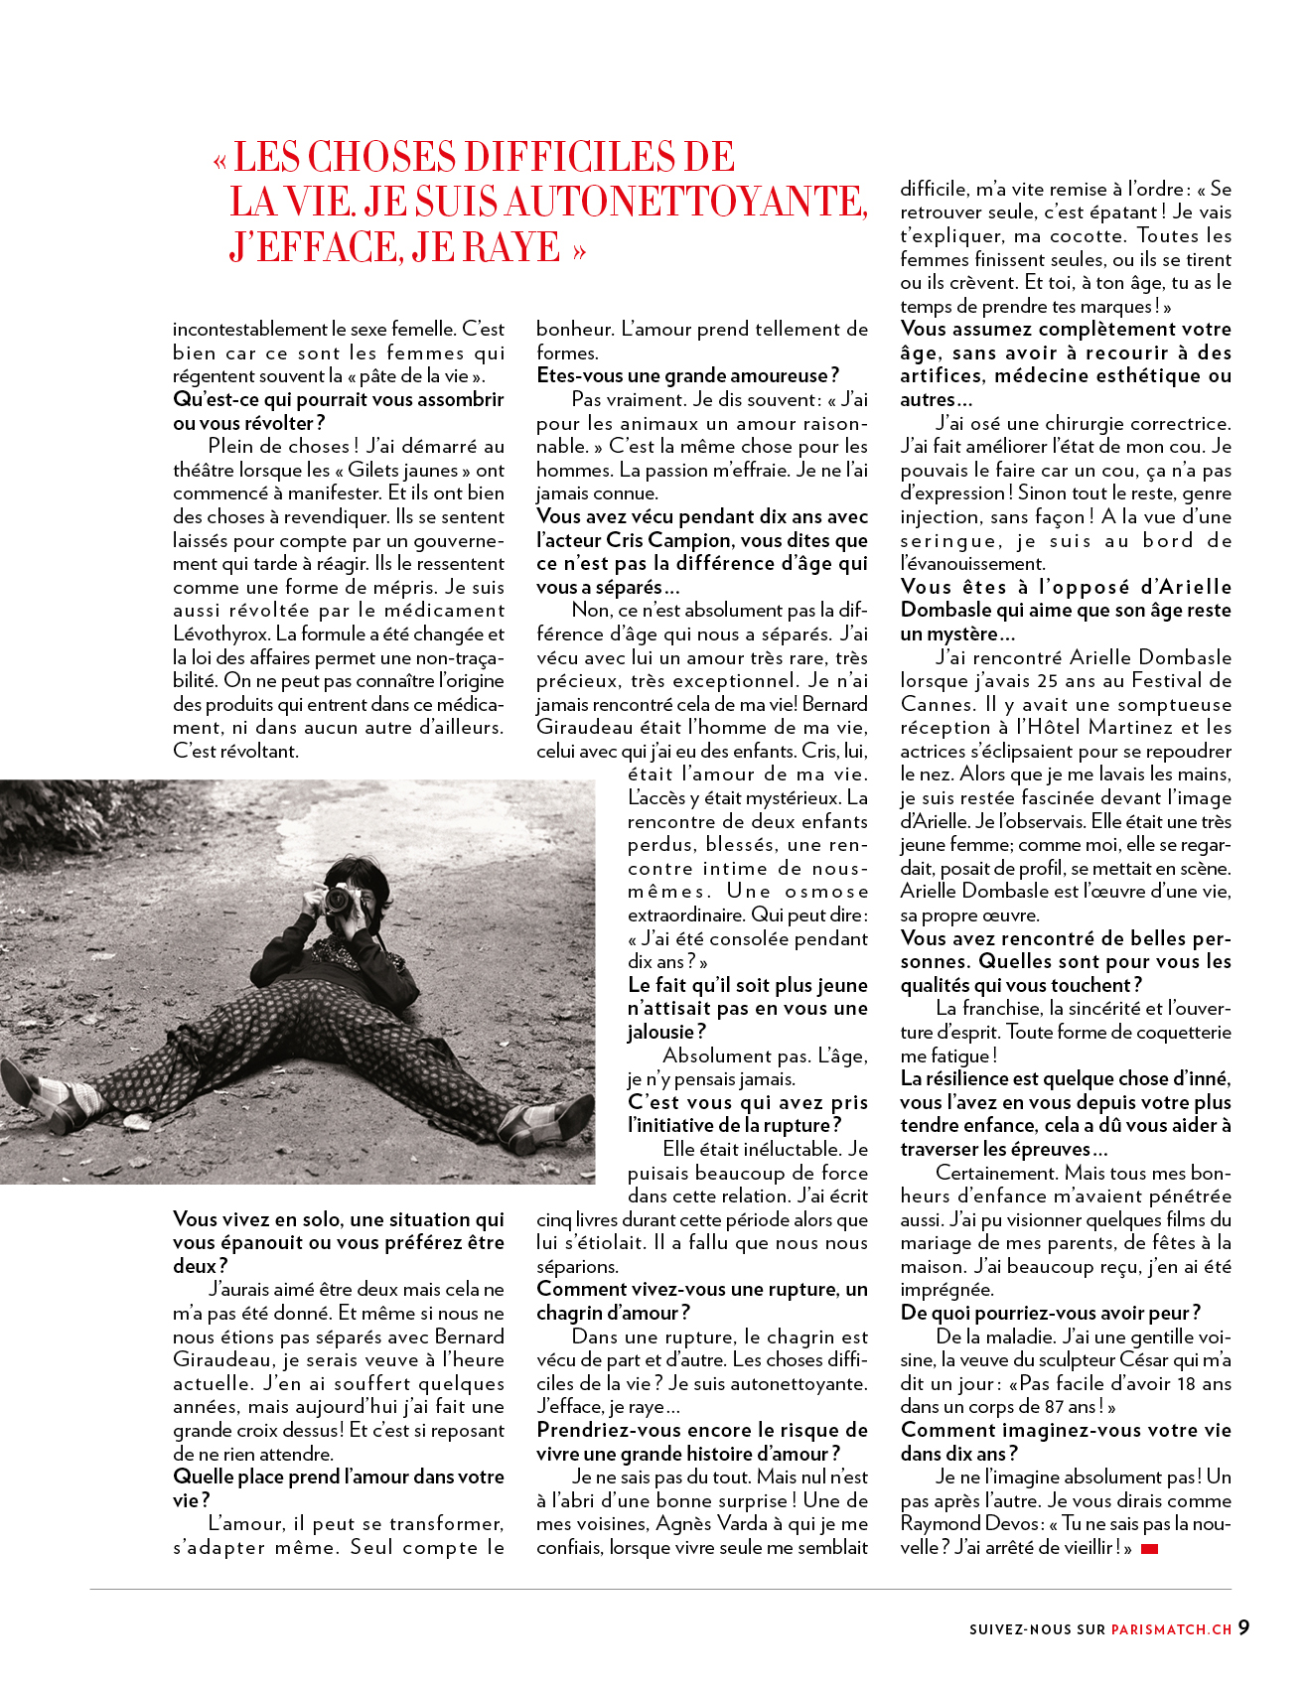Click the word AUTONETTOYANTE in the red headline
coord(685,203)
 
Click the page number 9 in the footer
coord(1243,1628)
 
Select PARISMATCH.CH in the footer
coord(1172,1629)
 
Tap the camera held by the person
coord(339,900)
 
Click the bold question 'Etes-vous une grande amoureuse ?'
coord(687,376)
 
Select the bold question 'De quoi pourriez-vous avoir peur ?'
coord(1050,1314)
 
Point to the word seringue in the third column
coord(949,541)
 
